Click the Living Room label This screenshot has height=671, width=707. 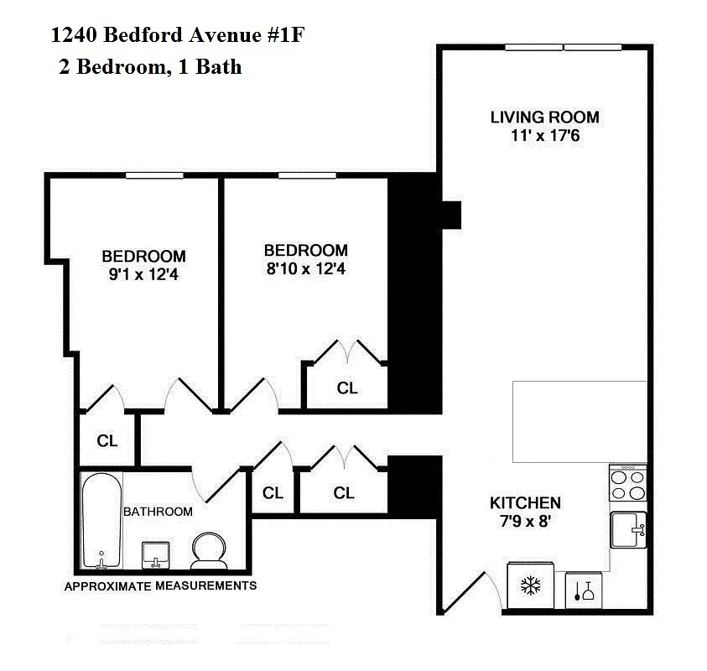544,117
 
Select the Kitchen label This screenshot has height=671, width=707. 525,503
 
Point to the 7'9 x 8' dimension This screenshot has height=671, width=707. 525,521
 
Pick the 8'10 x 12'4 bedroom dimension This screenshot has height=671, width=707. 305,269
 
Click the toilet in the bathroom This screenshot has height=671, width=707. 208,550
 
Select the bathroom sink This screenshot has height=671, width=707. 156,553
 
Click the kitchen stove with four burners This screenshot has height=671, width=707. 627,484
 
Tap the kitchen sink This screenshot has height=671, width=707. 628,530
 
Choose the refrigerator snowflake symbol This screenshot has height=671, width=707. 530,585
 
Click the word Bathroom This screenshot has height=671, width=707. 158,512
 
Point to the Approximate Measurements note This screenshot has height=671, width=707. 160,585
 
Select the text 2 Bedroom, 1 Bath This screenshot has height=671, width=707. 150,67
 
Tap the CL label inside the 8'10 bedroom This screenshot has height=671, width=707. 347,388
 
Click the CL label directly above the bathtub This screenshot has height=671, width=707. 107,441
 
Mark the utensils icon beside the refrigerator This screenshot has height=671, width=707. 585,590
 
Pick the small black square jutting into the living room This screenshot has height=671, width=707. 451,215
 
